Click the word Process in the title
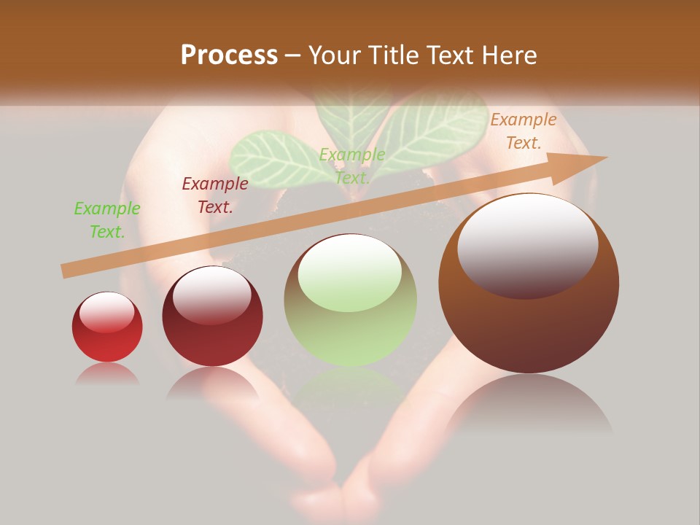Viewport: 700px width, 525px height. pos(229,55)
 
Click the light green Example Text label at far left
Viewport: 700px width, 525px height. pos(107,220)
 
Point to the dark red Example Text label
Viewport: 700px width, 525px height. pos(215,195)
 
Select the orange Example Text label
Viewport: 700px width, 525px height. pos(524,131)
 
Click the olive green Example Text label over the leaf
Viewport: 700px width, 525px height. pos(352,166)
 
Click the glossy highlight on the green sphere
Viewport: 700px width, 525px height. pos(350,273)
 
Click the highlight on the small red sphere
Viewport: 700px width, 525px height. pos(106,312)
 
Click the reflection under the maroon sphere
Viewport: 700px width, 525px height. pos(212,383)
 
